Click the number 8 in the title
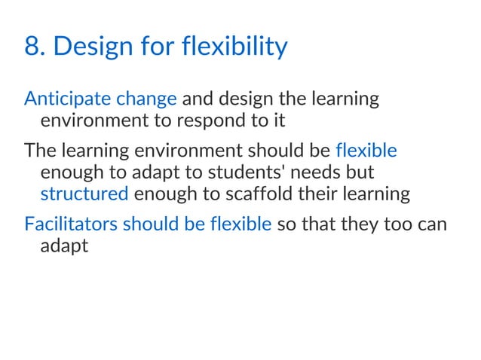pyautogui.click(x=32, y=47)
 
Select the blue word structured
pyautogui.click(x=84, y=194)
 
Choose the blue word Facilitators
pyautogui.click(x=70, y=224)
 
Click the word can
pyautogui.click(x=432, y=224)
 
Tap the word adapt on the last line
pyautogui.click(x=63, y=246)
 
